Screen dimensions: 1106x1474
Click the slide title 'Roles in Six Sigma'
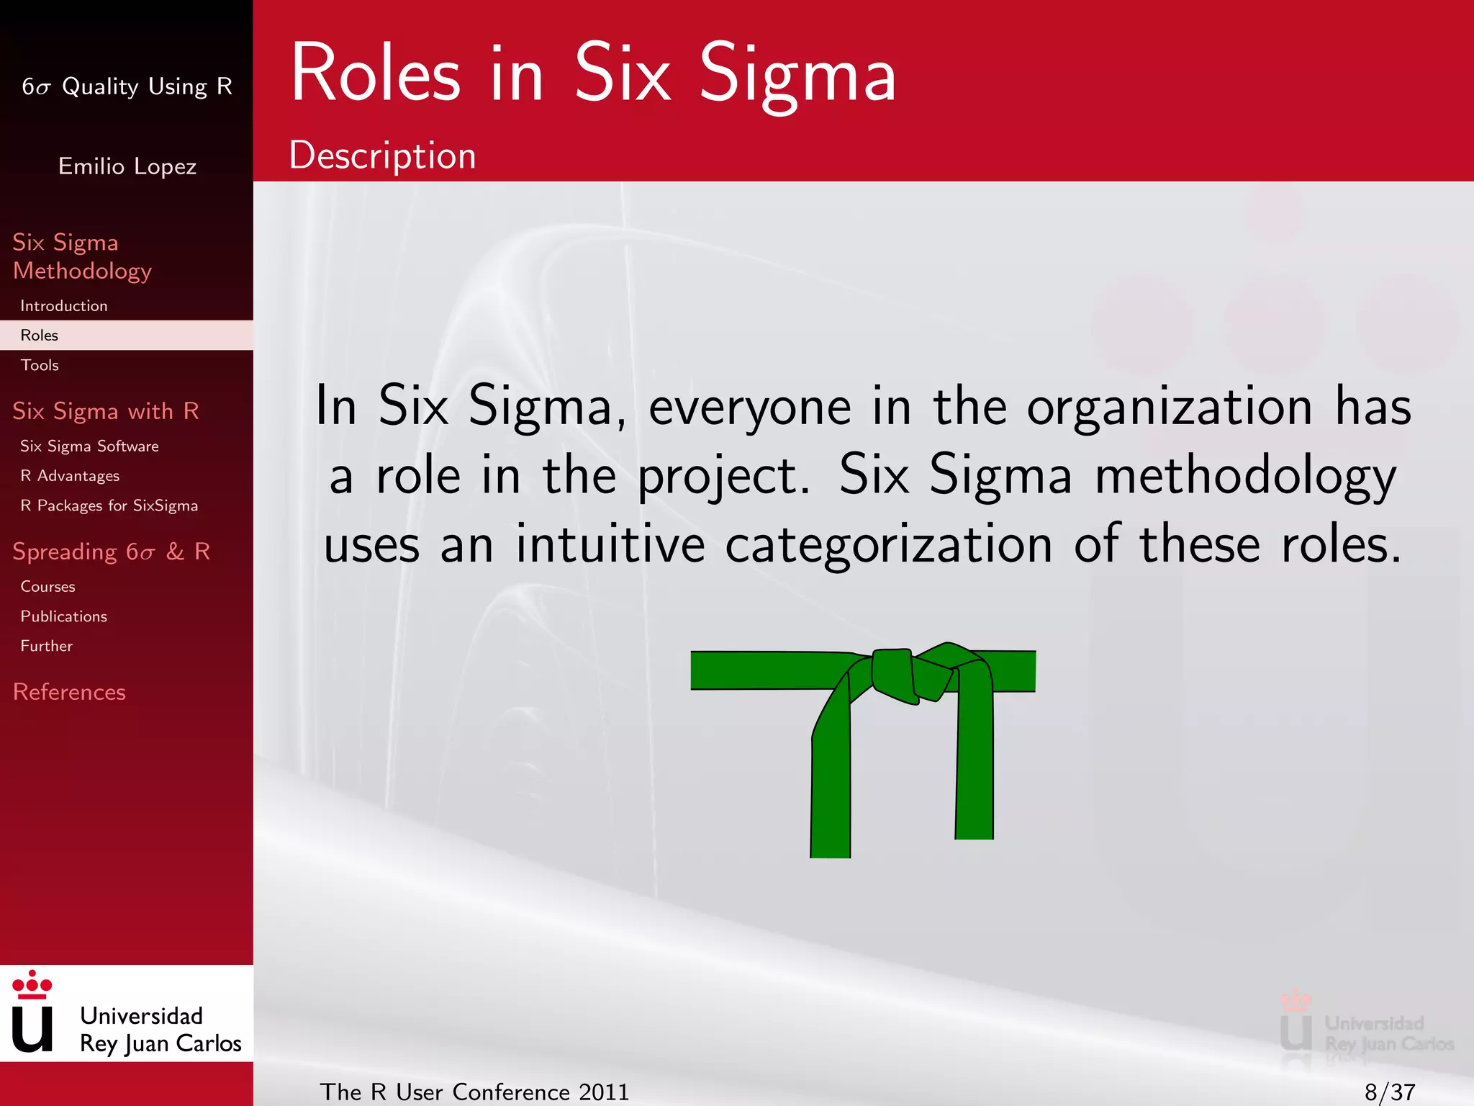coord(593,74)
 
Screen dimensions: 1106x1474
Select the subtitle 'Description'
coord(382,156)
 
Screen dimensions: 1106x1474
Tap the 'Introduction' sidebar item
coord(64,306)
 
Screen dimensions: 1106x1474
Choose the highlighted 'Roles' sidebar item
coord(40,336)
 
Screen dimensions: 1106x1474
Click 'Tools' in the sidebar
coord(40,365)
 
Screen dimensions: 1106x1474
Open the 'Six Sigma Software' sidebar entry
coord(89,446)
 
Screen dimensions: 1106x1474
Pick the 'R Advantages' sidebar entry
coord(70,476)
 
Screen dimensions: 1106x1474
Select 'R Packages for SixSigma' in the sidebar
coord(109,505)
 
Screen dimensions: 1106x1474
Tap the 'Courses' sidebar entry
coord(48,587)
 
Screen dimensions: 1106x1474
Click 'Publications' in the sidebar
coord(63,616)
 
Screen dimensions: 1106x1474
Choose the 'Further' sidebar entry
coord(46,646)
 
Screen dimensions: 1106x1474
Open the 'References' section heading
coord(69,692)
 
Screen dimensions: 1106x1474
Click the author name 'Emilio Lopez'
coord(127,166)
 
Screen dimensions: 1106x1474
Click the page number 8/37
coord(1390,1092)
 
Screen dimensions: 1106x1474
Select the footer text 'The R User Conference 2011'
coord(474,1092)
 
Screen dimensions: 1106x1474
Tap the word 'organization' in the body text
coord(1170,408)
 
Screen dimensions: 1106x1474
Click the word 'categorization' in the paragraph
coord(889,545)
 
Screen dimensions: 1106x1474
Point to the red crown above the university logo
coord(32,984)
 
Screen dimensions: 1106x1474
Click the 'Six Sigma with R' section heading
coord(106,411)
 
